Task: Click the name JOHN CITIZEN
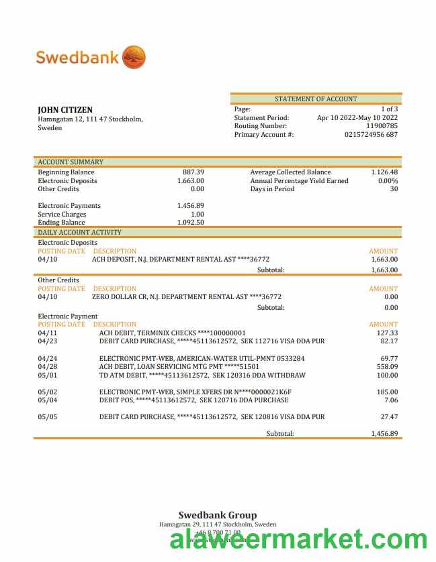65,110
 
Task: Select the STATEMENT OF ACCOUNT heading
316,99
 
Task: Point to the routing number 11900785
382,126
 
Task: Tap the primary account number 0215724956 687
371,135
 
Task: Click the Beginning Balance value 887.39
193,172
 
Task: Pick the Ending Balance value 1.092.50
191,223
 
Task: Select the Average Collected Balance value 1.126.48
384,172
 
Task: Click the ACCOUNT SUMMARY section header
71,162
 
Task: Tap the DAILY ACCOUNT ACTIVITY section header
79,233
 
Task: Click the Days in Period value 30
394,189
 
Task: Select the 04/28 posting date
48,367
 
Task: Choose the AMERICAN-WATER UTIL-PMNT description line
202,359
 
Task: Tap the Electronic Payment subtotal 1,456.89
384,434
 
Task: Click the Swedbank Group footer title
217,516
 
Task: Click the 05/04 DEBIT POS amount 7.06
390,400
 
